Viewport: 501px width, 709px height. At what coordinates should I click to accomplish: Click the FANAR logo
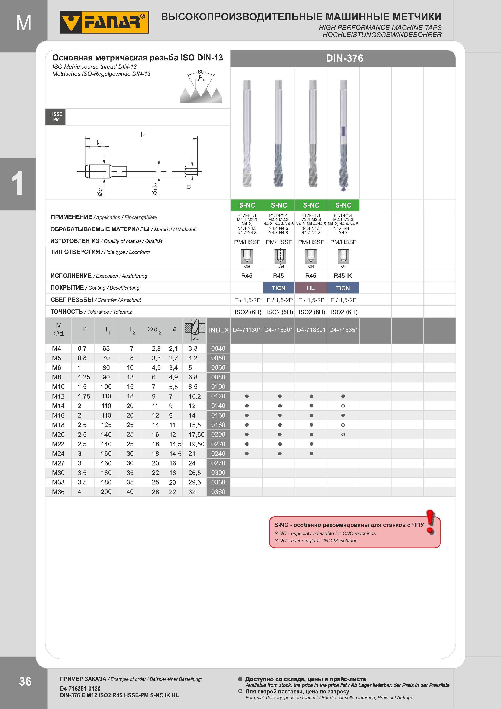(104, 22)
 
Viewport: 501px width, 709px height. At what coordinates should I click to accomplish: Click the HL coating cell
(310, 288)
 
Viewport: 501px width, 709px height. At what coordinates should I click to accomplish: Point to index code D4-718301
(311, 330)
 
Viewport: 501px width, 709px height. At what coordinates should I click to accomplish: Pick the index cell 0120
(218, 396)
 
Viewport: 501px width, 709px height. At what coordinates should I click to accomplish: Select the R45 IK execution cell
(343, 276)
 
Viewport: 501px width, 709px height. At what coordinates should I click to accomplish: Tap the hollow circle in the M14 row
(343, 406)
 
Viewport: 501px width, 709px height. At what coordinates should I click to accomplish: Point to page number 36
(25, 681)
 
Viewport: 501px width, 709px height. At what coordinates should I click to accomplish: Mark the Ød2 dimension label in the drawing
(155, 189)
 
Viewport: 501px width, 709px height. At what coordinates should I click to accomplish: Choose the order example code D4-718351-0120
(80, 688)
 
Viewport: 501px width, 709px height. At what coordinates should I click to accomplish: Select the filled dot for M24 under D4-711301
(247, 454)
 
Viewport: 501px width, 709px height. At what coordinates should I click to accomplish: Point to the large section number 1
(18, 184)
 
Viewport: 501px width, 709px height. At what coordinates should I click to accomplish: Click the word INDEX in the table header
(219, 330)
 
